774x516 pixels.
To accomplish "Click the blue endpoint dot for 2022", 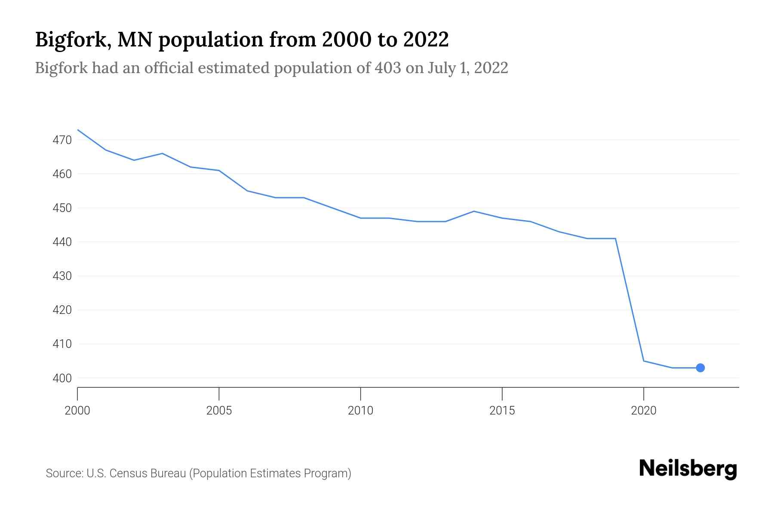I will (x=700, y=368).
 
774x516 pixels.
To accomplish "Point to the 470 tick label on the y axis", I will (x=62, y=140).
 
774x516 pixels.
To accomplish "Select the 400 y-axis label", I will (x=62, y=378).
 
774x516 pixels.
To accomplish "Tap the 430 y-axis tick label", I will (x=62, y=276).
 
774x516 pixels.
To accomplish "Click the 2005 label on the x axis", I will (x=219, y=411).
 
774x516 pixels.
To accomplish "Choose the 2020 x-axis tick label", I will (x=643, y=411).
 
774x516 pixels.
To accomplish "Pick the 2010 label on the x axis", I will (x=360, y=411).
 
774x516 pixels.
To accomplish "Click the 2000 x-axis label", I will (x=77, y=411).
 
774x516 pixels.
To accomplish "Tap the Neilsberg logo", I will (x=688, y=469).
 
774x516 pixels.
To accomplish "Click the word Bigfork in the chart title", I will (x=71, y=40).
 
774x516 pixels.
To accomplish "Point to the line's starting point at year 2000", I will (x=78, y=129).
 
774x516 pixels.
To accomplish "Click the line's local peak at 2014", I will (x=473, y=211).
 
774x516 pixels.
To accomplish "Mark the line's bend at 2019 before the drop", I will (x=615, y=239).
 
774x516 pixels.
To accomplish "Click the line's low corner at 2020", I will (x=643, y=361).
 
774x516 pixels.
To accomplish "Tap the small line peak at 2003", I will (x=162, y=154).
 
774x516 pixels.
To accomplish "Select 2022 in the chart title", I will (x=426, y=40).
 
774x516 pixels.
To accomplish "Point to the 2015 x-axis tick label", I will (x=502, y=411).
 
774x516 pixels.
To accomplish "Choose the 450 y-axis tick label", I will (x=62, y=208).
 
